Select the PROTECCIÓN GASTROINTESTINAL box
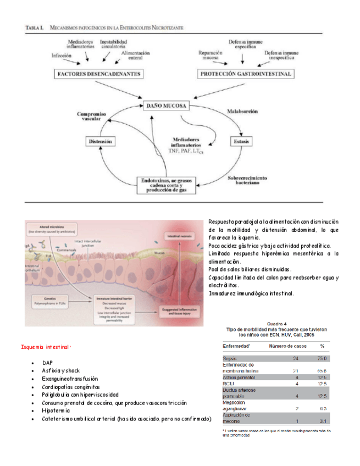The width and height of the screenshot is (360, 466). point(245,73)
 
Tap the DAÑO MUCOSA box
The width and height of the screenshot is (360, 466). point(167,104)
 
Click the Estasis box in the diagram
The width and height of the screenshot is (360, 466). point(242,141)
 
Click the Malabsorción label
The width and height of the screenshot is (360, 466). point(242,112)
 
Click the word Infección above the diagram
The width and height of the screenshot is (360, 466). point(62,56)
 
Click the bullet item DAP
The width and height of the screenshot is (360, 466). point(47,364)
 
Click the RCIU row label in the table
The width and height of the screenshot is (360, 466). point(229,384)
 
